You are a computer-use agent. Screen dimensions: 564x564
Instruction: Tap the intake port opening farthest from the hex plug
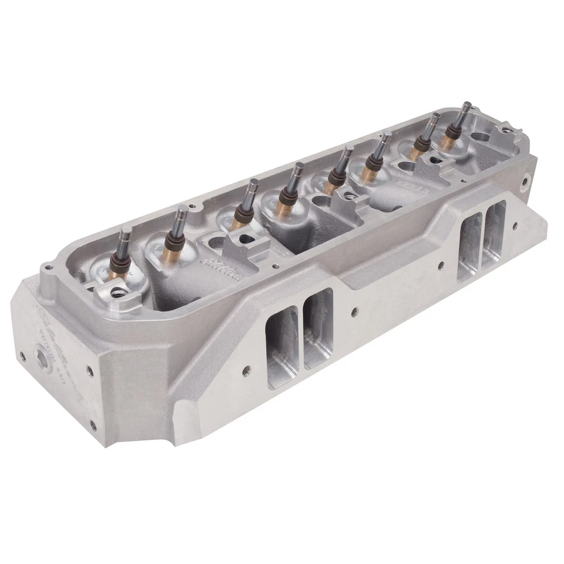493,235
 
